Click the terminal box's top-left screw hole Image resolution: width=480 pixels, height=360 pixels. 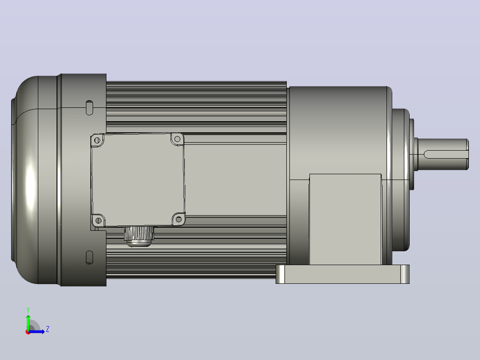coord(98,140)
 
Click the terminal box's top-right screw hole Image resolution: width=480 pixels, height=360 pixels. coord(177,139)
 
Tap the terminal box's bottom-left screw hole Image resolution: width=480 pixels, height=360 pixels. coord(98,220)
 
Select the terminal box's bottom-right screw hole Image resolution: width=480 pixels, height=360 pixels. coord(179,219)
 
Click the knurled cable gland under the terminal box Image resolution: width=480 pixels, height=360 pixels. coord(139,236)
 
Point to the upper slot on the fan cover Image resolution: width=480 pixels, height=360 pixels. coord(89,107)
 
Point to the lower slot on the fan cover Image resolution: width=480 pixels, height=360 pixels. coord(89,258)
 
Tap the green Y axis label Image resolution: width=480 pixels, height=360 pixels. coord(28,310)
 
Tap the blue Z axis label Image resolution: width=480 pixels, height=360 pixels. coord(48,329)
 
